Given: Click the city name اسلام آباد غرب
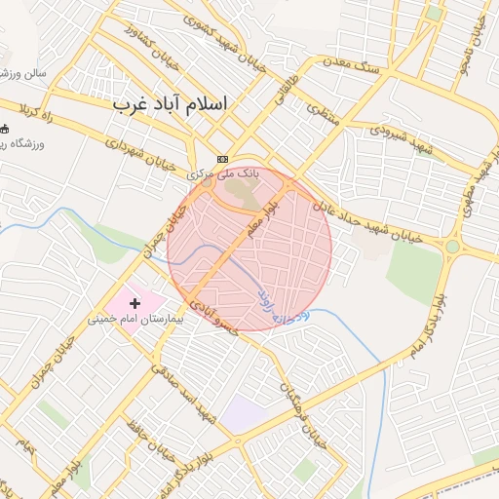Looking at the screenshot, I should point(169,102).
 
